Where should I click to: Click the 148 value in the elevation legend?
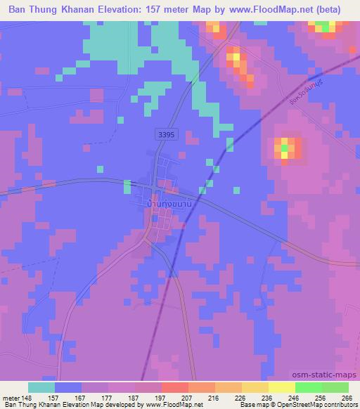[x=27, y=396]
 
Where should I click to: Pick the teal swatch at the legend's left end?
[x=41, y=387]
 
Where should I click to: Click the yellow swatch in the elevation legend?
[x=282, y=387]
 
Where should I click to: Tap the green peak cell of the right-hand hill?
[x=285, y=148]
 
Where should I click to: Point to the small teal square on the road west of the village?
[x=127, y=186]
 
